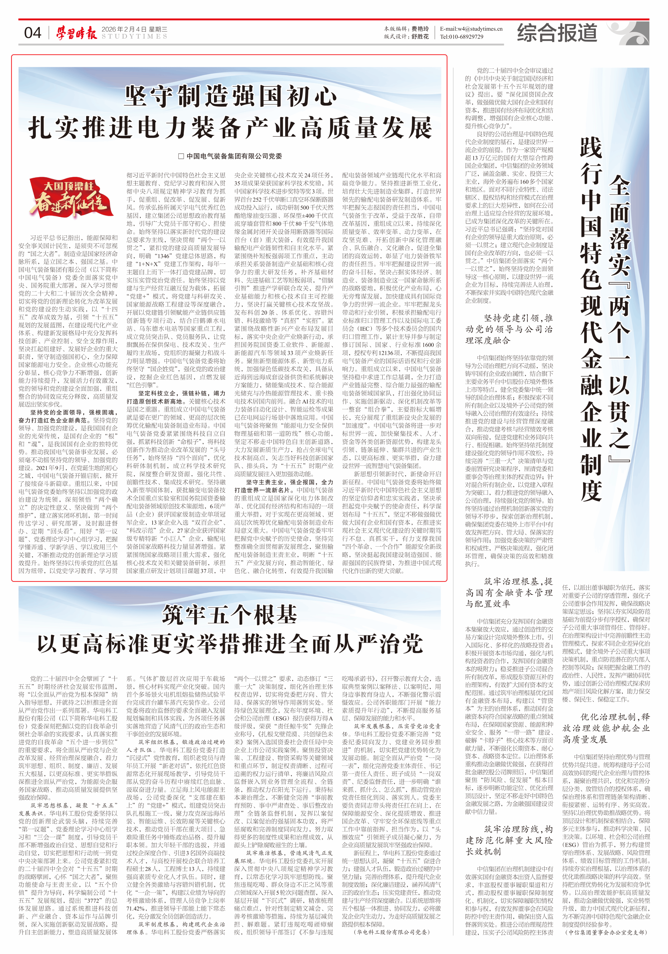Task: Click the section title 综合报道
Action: (x=557, y=33)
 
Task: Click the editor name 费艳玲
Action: (x=420, y=29)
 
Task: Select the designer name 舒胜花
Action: (x=420, y=37)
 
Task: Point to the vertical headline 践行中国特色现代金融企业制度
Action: (x=591, y=320)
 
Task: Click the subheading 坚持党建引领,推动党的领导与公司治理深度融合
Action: (x=509, y=329)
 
